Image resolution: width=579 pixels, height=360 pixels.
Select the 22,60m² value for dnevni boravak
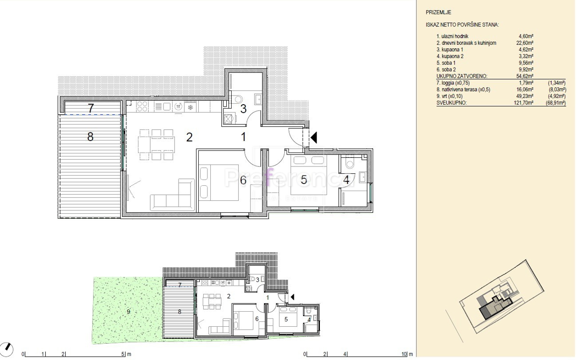pos(525,43)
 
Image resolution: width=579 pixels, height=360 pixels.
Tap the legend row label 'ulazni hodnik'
pos(455,36)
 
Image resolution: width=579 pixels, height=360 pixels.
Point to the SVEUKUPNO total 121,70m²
pos(524,103)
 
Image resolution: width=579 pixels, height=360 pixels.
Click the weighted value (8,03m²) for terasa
pos(558,90)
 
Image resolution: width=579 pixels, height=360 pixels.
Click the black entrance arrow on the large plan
pos(314,138)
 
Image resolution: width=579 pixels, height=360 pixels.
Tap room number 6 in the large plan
pos(243,180)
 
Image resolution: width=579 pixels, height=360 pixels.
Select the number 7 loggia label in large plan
pos(91,108)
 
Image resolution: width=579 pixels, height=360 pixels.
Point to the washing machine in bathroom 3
pos(229,119)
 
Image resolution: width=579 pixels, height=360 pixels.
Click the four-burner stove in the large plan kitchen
pos(142,106)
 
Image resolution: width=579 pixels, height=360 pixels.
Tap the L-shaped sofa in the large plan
pos(172,195)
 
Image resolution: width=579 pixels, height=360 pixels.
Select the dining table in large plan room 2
pos(156,144)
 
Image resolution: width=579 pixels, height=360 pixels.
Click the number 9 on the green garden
pos(128,312)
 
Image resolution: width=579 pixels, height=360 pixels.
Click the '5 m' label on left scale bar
pos(126,354)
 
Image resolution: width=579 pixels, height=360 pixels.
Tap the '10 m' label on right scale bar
pos(407,354)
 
